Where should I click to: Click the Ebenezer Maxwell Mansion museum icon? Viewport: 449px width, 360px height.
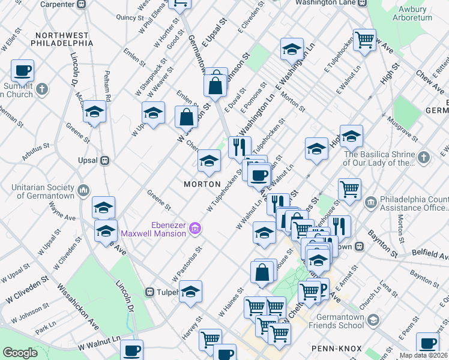(x=194, y=228)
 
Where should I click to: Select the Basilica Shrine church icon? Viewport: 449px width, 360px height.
(x=424, y=158)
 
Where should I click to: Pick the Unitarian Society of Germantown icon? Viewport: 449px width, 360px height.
(x=83, y=191)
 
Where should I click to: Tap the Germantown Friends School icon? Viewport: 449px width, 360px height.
(x=373, y=320)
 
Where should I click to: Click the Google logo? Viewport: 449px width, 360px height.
(x=20, y=353)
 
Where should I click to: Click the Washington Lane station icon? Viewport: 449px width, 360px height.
(x=362, y=2)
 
